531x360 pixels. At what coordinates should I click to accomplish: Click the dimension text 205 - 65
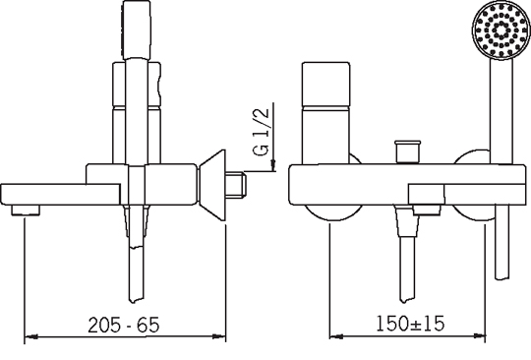point(123,326)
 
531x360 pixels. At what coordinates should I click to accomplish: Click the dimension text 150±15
point(410,323)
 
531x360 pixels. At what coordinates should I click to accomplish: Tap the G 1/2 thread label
point(262,132)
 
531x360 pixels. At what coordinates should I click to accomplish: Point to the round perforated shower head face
point(501,31)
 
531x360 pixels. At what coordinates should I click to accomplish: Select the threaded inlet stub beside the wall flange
point(236,185)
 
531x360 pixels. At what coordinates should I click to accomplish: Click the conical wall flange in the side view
point(211,185)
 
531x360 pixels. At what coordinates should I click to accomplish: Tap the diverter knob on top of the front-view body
point(407,152)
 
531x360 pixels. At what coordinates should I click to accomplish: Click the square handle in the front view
point(325,113)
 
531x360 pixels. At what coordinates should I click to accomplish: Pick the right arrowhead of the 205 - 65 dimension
point(219,336)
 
